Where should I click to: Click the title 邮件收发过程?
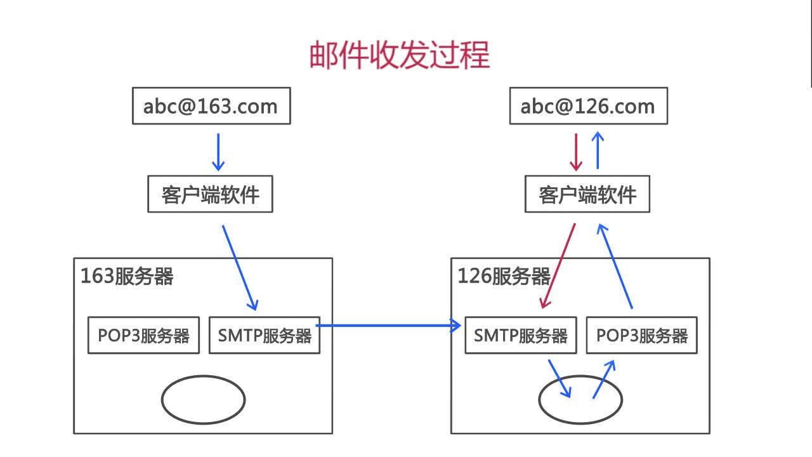click(400, 55)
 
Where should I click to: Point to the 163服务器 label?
click(127, 276)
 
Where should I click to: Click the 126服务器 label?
click(504, 276)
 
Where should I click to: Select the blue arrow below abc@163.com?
click(218, 152)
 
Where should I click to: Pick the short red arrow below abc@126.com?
click(576, 152)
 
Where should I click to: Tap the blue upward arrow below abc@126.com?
click(598, 150)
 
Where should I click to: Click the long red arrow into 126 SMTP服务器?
click(558, 266)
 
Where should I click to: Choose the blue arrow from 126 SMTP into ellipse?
click(560, 379)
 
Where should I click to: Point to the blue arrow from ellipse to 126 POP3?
click(604, 379)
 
